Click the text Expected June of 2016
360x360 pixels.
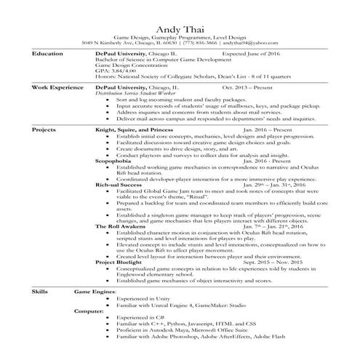click(250, 55)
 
